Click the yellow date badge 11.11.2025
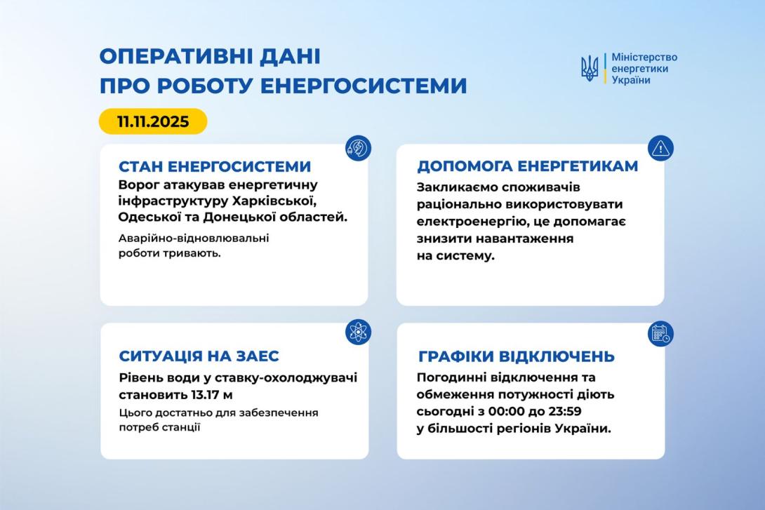pos(153,121)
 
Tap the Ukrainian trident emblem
pos(589,68)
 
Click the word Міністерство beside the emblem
pos(644,57)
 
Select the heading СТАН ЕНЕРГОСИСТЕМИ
pos(215,167)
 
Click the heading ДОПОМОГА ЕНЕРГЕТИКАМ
pos(528,166)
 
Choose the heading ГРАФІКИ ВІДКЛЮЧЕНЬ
pos(517,356)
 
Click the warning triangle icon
pos(660,148)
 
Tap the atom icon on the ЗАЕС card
pos(358,332)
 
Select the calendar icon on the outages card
pos(660,333)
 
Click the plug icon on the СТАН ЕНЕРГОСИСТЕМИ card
pos(358,148)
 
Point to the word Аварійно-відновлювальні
pos(194,239)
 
